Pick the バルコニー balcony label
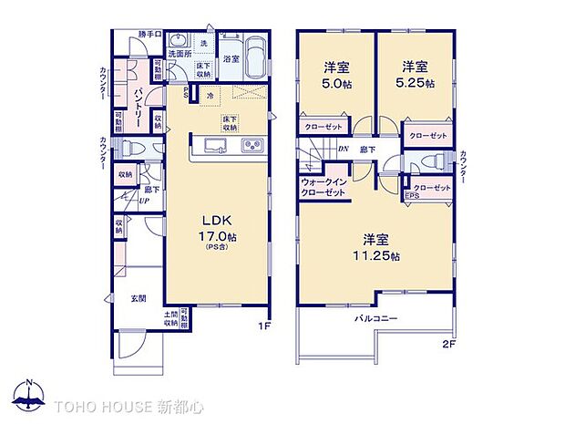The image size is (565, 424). point(375,320)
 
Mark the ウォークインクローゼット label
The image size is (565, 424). point(323,187)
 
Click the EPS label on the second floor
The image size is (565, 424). point(413,195)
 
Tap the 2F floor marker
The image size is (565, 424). point(447,344)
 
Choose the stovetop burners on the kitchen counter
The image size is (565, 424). point(252,147)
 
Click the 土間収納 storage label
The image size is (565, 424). point(171,317)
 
